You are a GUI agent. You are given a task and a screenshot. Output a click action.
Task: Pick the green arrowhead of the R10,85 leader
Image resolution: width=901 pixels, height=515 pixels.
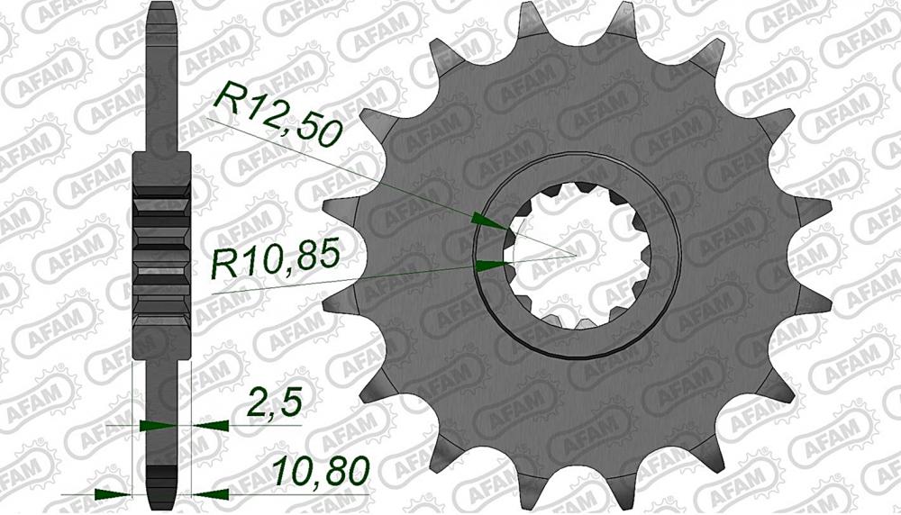(488, 265)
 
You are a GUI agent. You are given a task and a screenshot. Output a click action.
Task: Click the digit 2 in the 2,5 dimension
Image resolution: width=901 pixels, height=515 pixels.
(256, 401)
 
